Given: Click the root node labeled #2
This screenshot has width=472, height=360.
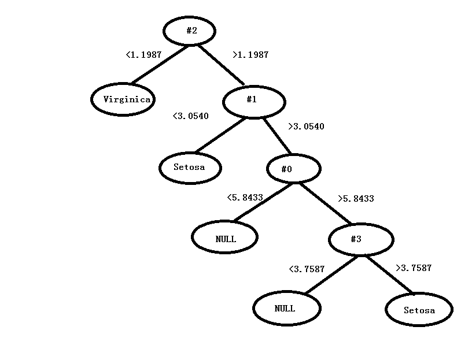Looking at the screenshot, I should (x=190, y=31).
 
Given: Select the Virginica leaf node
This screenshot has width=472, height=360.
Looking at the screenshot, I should (x=123, y=99).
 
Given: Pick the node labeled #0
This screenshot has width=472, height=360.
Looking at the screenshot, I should (x=293, y=169).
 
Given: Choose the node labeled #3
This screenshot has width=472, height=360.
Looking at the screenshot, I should (x=361, y=239).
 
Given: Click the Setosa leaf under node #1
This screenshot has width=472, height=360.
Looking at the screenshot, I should (x=190, y=168).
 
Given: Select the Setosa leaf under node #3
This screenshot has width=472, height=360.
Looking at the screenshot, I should (x=419, y=310).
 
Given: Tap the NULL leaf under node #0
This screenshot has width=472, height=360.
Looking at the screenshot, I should (x=224, y=237).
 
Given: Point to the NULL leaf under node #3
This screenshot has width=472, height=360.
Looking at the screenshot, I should (x=286, y=308).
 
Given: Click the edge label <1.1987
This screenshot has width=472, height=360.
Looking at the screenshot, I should (x=143, y=55).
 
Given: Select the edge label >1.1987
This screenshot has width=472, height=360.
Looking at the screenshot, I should (x=250, y=55).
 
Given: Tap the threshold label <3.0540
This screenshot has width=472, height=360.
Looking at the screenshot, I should (x=191, y=116).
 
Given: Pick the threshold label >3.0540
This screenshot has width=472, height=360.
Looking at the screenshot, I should (x=306, y=127).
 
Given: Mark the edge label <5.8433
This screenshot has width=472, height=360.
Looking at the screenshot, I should (x=245, y=198).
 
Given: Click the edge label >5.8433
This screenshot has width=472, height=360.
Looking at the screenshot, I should (x=356, y=199).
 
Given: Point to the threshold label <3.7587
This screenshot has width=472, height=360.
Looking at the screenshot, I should (x=307, y=269).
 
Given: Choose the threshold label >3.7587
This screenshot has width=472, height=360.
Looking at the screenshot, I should (x=414, y=268).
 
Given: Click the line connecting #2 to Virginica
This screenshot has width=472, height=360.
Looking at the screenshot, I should (x=160, y=64).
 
